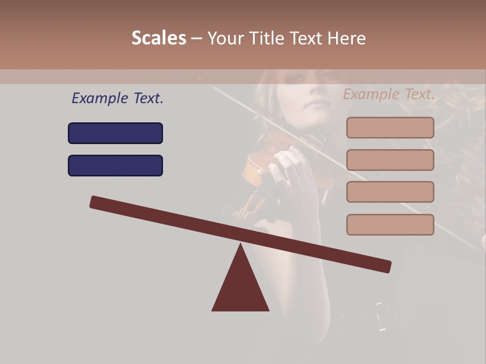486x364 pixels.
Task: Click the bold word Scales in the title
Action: click(159, 38)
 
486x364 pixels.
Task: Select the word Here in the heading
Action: click(346, 38)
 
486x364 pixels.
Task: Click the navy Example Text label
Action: click(117, 98)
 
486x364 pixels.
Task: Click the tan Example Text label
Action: click(389, 94)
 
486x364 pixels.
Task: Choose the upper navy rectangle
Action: click(115, 133)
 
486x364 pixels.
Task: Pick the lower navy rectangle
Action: click(115, 165)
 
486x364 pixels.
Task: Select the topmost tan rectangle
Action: click(390, 127)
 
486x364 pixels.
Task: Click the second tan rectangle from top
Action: click(390, 160)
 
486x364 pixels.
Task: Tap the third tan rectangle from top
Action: click(390, 192)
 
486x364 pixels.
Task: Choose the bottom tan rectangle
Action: click(390, 224)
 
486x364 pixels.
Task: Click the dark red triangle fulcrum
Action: click(240, 286)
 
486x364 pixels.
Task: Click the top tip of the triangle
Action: click(240, 245)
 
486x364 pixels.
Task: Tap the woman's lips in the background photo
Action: click(317, 105)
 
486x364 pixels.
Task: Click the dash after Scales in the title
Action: click(197, 38)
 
